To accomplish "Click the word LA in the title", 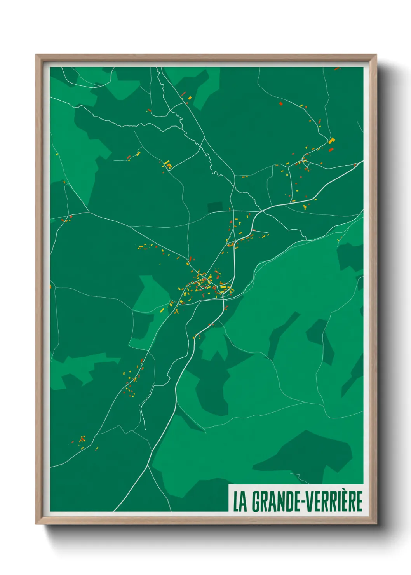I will pos(240,502).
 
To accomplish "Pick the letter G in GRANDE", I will pos(256,502).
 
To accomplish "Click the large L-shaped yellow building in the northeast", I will pos(331,141).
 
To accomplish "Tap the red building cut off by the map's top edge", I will pos(337,68).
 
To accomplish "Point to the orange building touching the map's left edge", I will pos(51,287).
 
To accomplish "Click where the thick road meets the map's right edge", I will pos(362,162).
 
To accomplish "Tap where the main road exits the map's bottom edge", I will pos(114,511).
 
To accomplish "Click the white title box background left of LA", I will pos(231,502).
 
